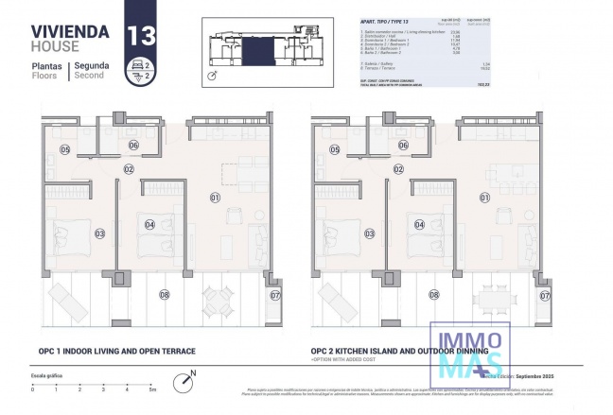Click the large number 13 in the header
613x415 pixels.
[x=142, y=36]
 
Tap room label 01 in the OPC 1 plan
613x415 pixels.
[x=215, y=198]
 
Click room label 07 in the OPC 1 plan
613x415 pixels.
[x=275, y=296]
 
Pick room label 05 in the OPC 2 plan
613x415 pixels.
[x=336, y=150]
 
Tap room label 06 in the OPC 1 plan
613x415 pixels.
[x=134, y=145]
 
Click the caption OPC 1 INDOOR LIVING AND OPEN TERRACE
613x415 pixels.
[x=117, y=352]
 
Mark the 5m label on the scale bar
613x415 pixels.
[x=150, y=389]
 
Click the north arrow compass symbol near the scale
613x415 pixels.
[x=183, y=383]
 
